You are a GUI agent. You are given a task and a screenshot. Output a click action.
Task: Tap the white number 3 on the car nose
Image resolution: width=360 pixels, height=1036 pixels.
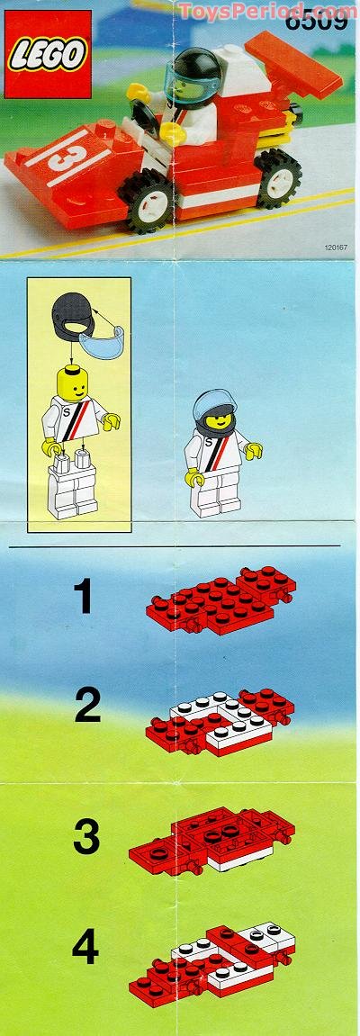pyautogui.click(x=59, y=158)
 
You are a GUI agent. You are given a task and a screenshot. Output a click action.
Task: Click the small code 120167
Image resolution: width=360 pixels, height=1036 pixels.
pyautogui.click(x=333, y=244)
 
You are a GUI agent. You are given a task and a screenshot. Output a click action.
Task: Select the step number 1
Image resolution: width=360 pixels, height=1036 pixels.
pyautogui.click(x=84, y=598)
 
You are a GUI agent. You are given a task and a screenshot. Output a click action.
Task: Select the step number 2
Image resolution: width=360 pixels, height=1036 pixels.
pyautogui.click(x=87, y=707)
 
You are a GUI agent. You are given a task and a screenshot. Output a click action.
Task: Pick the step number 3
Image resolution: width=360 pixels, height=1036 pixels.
pyautogui.click(x=85, y=837)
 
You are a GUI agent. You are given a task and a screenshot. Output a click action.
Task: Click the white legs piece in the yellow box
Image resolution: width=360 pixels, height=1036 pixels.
pyautogui.click(x=72, y=491)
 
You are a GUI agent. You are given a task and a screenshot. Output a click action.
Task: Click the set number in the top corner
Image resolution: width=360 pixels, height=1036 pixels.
pyautogui.click(x=320, y=18)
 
